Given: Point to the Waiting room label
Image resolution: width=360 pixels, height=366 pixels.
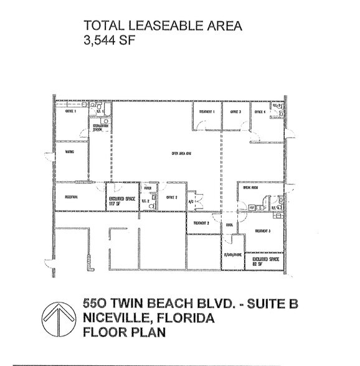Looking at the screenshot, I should [x=70, y=151].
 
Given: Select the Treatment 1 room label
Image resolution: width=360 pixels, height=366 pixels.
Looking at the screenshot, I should [x=207, y=111].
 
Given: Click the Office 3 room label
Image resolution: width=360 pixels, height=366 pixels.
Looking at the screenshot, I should [x=235, y=111].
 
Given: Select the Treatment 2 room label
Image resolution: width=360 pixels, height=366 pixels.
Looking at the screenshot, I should [x=201, y=223].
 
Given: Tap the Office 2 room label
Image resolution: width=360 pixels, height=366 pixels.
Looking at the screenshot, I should [x=173, y=197].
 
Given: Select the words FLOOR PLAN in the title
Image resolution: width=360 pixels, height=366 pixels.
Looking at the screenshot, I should [x=124, y=332].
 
